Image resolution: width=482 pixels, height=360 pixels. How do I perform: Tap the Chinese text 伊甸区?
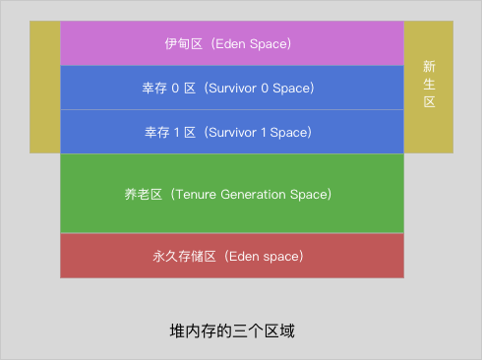click(x=183, y=44)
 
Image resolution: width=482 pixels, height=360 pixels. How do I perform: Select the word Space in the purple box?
click(x=269, y=44)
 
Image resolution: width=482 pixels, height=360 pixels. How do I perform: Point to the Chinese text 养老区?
click(x=150, y=194)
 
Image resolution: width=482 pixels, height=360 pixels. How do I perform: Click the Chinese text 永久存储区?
click(x=183, y=256)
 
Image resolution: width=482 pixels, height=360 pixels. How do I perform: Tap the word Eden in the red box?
click(x=244, y=256)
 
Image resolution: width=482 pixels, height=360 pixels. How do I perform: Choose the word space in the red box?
click(x=281, y=256)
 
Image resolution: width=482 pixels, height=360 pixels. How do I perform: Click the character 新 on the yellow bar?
click(x=429, y=67)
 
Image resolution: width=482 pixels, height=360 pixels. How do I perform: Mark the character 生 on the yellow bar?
click(x=429, y=85)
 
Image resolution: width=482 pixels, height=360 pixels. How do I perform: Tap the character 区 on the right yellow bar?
click(x=429, y=102)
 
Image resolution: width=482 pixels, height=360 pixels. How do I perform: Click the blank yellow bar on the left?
click(x=44, y=87)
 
